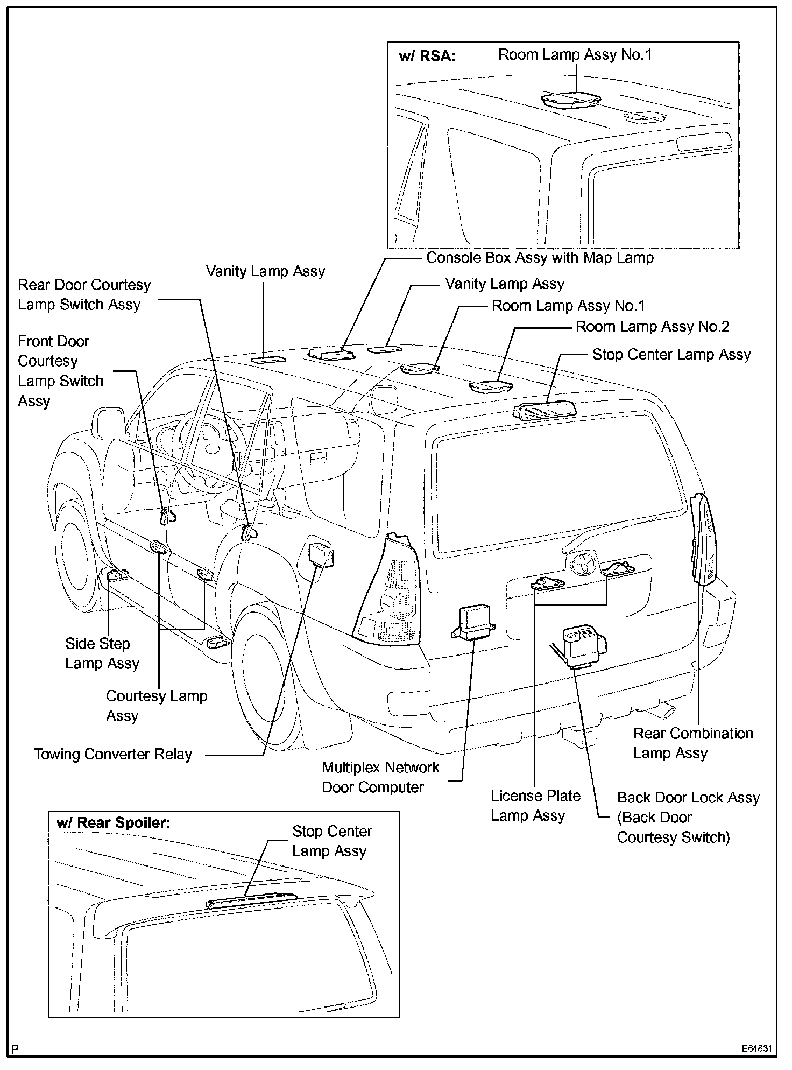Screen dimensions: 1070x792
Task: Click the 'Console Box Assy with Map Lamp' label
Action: [x=540, y=258]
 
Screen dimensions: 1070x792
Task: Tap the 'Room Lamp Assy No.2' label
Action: [x=652, y=327]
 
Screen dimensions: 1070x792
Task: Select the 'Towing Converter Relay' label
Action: [x=113, y=754]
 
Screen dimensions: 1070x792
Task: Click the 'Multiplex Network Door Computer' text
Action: [x=380, y=777]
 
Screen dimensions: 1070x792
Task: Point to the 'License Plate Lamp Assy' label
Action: [x=535, y=806]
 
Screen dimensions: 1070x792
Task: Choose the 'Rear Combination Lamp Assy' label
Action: [x=692, y=743]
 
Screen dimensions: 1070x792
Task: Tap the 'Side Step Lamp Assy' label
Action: [x=102, y=653]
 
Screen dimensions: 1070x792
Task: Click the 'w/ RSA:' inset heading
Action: [x=427, y=56]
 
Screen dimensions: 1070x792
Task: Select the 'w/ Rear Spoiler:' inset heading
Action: [x=113, y=823]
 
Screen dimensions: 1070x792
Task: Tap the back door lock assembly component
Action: [x=583, y=645]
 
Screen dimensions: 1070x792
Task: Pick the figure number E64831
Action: [x=756, y=1049]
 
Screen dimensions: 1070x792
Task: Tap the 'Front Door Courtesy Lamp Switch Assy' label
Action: [x=60, y=371]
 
